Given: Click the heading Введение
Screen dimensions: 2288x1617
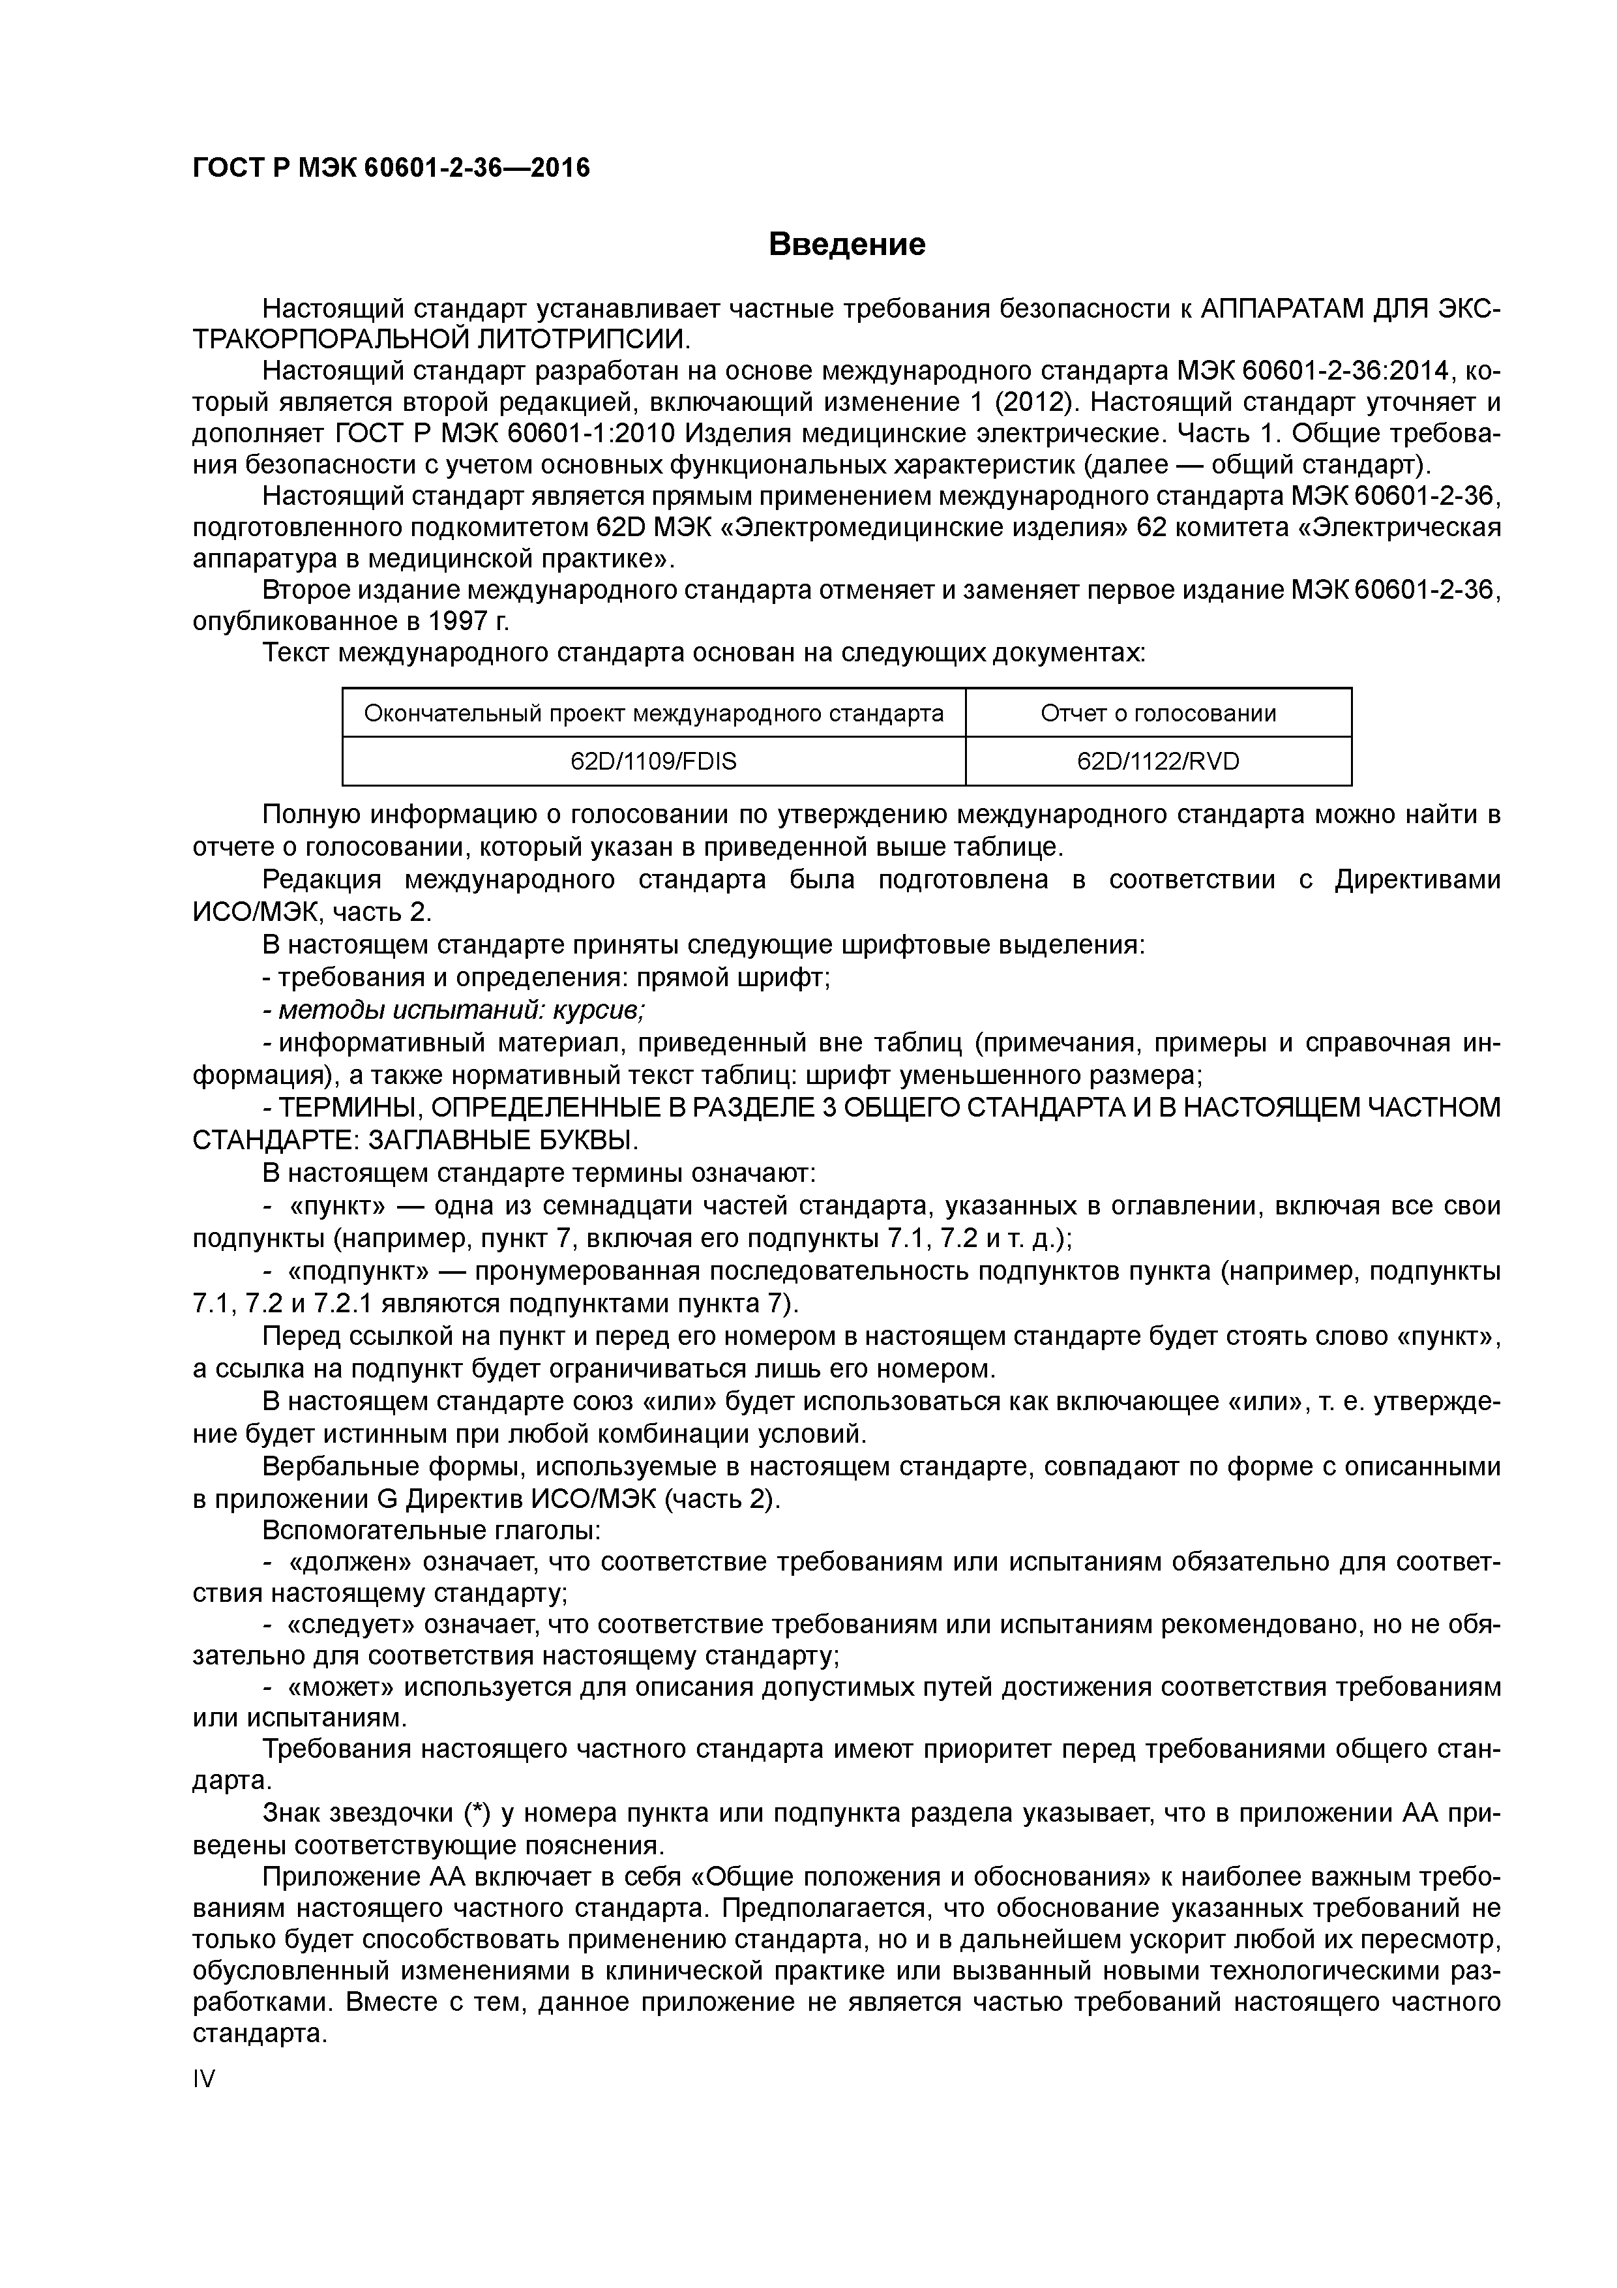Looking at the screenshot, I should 847,244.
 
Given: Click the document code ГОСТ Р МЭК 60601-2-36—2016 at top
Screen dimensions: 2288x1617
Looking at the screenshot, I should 391,168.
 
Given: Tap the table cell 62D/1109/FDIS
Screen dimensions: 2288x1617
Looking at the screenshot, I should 653,761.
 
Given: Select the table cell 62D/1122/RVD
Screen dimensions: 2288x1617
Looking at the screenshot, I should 1158,761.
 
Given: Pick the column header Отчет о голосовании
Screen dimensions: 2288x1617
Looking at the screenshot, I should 1158,712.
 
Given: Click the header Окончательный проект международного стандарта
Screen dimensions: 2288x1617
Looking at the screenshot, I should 653,712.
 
